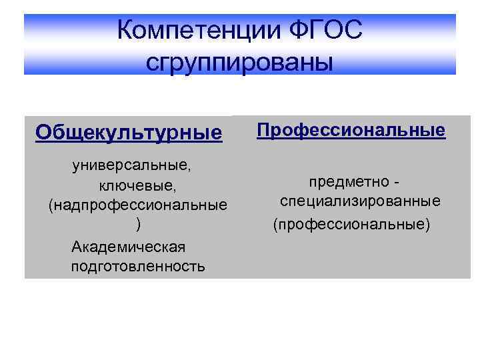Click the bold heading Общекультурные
[129, 132]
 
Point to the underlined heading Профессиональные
[351, 129]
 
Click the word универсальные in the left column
[133, 163]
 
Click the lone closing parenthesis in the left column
[138, 224]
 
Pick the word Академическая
[128, 246]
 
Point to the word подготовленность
[137, 267]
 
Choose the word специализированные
[360, 201]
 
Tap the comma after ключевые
[174, 187]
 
